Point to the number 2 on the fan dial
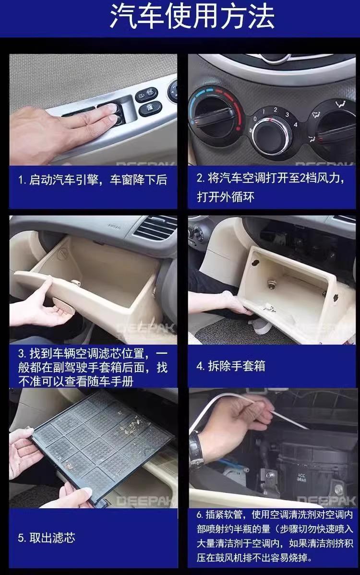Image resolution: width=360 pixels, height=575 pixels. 276,109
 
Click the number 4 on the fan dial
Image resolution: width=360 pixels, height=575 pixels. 296,125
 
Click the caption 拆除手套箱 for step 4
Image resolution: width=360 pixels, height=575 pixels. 237,366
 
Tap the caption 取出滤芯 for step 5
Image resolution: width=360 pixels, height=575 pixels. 52,538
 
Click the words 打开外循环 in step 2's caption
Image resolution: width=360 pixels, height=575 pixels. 226,197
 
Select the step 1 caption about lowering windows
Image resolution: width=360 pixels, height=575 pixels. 93,180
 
